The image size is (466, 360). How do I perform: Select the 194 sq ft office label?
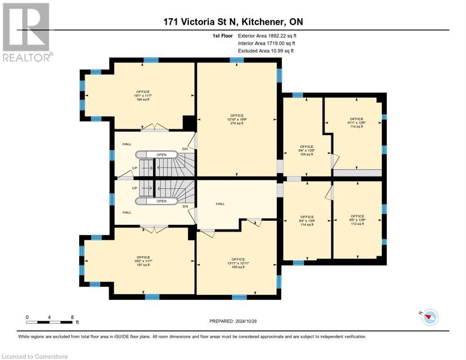[143, 96]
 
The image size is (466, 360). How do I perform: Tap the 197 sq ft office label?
[143, 261]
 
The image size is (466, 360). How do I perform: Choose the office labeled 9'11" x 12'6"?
[356, 123]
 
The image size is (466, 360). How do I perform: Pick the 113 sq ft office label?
[357, 220]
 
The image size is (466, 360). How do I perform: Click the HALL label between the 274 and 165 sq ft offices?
[220, 204]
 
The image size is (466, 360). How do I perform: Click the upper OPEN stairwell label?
[161, 154]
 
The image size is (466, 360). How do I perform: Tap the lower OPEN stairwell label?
[161, 201]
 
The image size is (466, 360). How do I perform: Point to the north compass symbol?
[429, 318]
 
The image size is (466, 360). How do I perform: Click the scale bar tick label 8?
[72, 317]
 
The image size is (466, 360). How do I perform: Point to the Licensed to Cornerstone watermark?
[35, 356]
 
